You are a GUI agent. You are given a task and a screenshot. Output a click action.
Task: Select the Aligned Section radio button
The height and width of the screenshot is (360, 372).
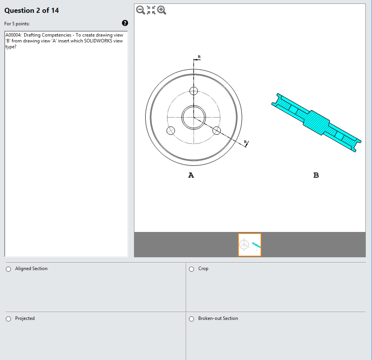(9, 269)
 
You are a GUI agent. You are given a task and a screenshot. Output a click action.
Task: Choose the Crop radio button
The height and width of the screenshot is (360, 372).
(191, 269)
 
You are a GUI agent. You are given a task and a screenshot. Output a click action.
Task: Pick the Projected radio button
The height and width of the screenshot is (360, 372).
(9, 319)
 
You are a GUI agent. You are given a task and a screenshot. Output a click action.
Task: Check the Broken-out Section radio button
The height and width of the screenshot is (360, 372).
(191, 319)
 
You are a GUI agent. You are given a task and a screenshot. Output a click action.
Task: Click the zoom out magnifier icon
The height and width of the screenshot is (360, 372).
(141, 10)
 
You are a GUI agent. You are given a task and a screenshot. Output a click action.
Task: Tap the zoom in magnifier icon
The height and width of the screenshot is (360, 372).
(162, 10)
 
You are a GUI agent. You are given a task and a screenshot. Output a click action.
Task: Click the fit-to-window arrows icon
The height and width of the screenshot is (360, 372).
(151, 10)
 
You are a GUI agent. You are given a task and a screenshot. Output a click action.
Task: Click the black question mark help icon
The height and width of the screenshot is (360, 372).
(125, 23)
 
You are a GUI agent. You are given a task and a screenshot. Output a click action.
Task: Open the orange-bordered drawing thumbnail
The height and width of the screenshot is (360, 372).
(250, 245)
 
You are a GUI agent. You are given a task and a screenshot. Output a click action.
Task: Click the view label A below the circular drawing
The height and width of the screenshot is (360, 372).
(191, 175)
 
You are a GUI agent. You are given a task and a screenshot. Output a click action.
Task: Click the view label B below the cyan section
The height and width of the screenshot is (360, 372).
(316, 175)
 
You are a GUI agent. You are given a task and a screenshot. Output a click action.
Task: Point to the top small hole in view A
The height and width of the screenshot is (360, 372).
(194, 91)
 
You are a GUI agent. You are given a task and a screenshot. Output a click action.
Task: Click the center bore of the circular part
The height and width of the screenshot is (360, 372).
(194, 117)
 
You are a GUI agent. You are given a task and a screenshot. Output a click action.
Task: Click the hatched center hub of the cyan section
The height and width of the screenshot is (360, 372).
(316, 121)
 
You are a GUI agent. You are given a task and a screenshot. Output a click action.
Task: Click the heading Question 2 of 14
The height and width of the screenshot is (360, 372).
(32, 11)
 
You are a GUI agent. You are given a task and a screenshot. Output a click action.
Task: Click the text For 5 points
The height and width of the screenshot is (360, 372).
(17, 24)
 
